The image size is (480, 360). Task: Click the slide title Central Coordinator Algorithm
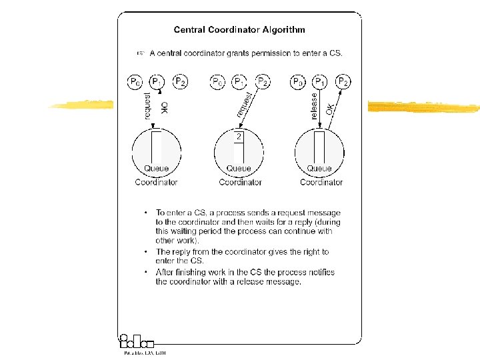coord(239,29)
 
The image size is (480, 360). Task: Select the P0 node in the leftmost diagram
coord(135,82)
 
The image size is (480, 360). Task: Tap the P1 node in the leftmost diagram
coord(157,82)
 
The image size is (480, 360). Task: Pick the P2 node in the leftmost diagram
coord(180,82)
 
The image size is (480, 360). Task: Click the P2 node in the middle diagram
coord(263,82)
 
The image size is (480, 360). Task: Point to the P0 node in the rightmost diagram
coord(298,82)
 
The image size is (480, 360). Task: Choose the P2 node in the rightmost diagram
coord(343,82)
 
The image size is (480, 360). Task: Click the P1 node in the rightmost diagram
coord(321,82)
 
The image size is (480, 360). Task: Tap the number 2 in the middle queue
coord(239,137)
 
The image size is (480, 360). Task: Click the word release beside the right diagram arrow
coord(314,106)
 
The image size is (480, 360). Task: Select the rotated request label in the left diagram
coord(148,106)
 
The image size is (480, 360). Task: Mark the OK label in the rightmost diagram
coord(329,108)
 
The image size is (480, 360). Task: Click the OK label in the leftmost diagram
coord(164,107)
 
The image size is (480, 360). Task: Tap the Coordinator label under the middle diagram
coord(240,182)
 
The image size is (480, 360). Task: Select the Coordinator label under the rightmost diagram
coord(321,182)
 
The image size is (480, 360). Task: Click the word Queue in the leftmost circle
coord(156,169)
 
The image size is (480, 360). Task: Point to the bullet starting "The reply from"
coord(242,256)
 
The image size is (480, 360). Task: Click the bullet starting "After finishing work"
coord(245,277)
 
